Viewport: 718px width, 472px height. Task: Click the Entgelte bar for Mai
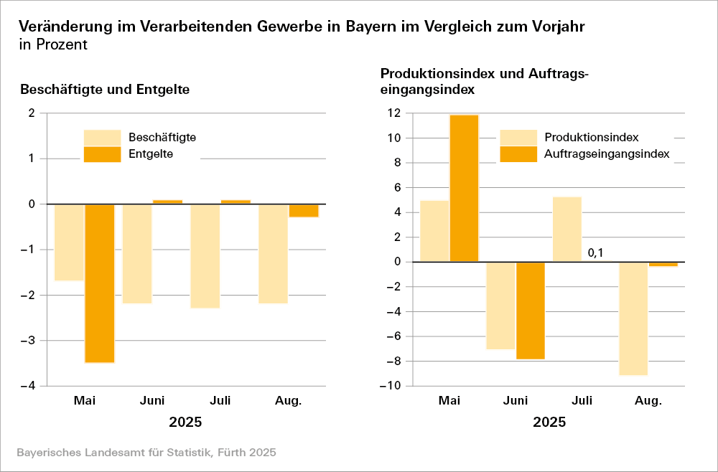(100, 283)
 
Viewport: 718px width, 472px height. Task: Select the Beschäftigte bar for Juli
(205, 256)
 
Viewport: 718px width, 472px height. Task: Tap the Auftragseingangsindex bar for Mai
(464, 188)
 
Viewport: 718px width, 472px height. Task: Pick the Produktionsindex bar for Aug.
(633, 318)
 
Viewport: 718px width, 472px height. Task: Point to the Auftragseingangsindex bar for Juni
(530, 310)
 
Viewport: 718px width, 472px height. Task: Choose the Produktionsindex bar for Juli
(567, 229)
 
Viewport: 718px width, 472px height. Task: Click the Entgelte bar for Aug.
(304, 210)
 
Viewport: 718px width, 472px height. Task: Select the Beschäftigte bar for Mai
(69, 242)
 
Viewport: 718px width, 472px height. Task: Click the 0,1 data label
(595, 252)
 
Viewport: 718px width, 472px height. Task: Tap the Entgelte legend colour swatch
(102, 154)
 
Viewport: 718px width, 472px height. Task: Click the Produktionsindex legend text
(592, 137)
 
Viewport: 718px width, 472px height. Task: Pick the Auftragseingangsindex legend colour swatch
(518, 154)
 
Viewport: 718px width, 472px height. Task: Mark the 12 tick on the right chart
(393, 113)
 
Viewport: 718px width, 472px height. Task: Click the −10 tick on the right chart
(390, 386)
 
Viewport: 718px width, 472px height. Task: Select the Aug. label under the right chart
(648, 400)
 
